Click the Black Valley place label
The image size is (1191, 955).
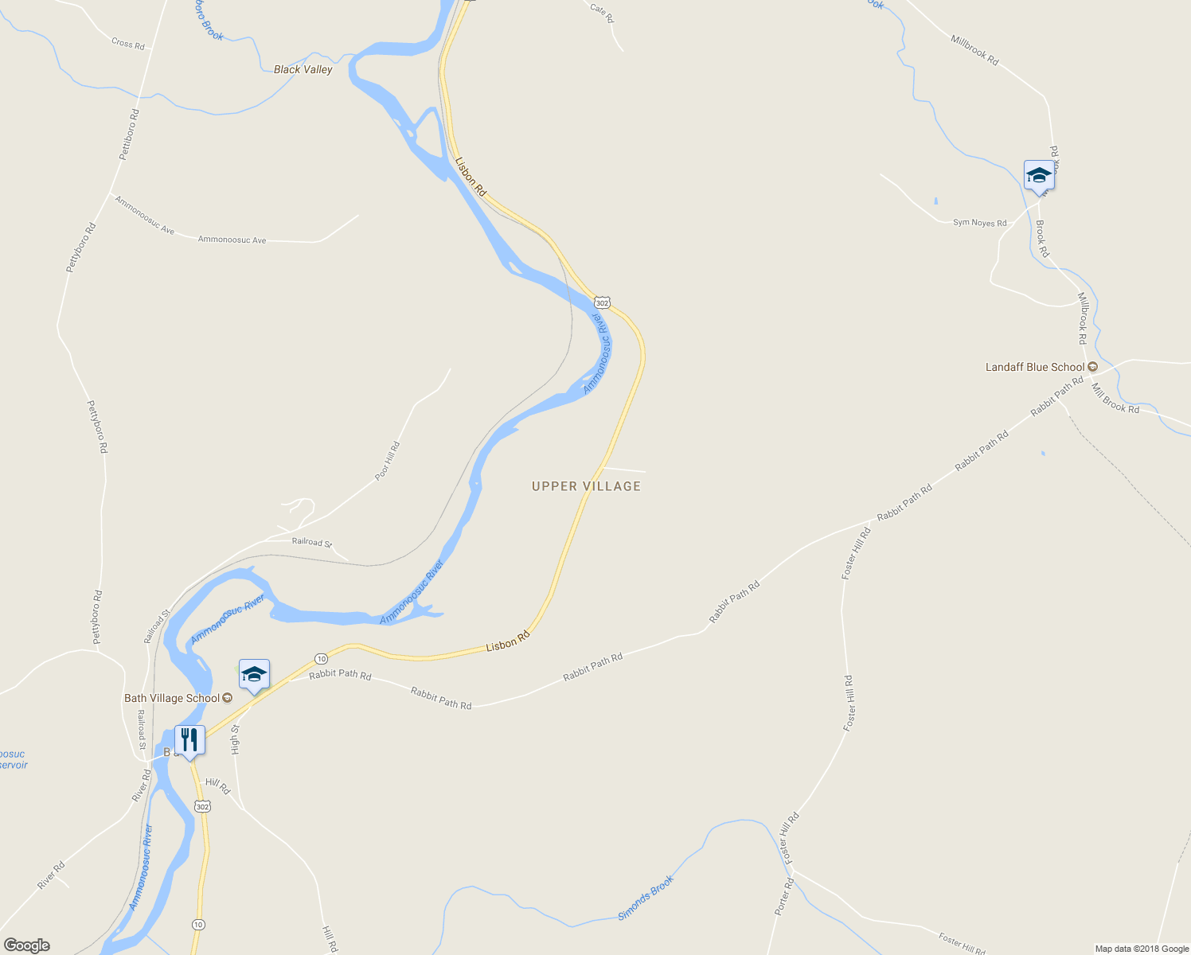click(x=303, y=69)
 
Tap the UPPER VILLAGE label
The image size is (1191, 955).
click(x=586, y=486)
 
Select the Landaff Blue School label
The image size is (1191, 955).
click(x=1035, y=367)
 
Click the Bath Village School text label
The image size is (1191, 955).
click(x=172, y=699)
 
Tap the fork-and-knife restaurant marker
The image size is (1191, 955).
click(x=189, y=741)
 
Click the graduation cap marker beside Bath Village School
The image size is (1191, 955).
click(x=254, y=675)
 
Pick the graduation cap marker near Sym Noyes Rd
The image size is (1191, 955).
click(x=1039, y=175)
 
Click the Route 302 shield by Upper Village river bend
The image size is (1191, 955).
click(x=602, y=302)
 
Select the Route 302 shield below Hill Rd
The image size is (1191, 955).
click(x=202, y=806)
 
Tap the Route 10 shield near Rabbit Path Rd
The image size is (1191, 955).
click(x=320, y=658)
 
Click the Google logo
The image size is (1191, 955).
click(x=26, y=945)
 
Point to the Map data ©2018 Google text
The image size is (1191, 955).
click(x=1142, y=949)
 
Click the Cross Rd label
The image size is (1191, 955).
click(x=128, y=44)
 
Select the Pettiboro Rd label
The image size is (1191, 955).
click(x=129, y=134)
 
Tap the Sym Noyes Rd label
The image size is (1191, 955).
click(x=979, y=223)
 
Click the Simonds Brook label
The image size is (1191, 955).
click(x=646, y=898)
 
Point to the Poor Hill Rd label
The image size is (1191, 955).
click(x=388, y=461)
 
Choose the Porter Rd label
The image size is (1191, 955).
click(x=783, y=896)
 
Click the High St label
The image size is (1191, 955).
click(x=235, y=739)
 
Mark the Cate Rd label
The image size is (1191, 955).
click(x=603, y=13)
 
